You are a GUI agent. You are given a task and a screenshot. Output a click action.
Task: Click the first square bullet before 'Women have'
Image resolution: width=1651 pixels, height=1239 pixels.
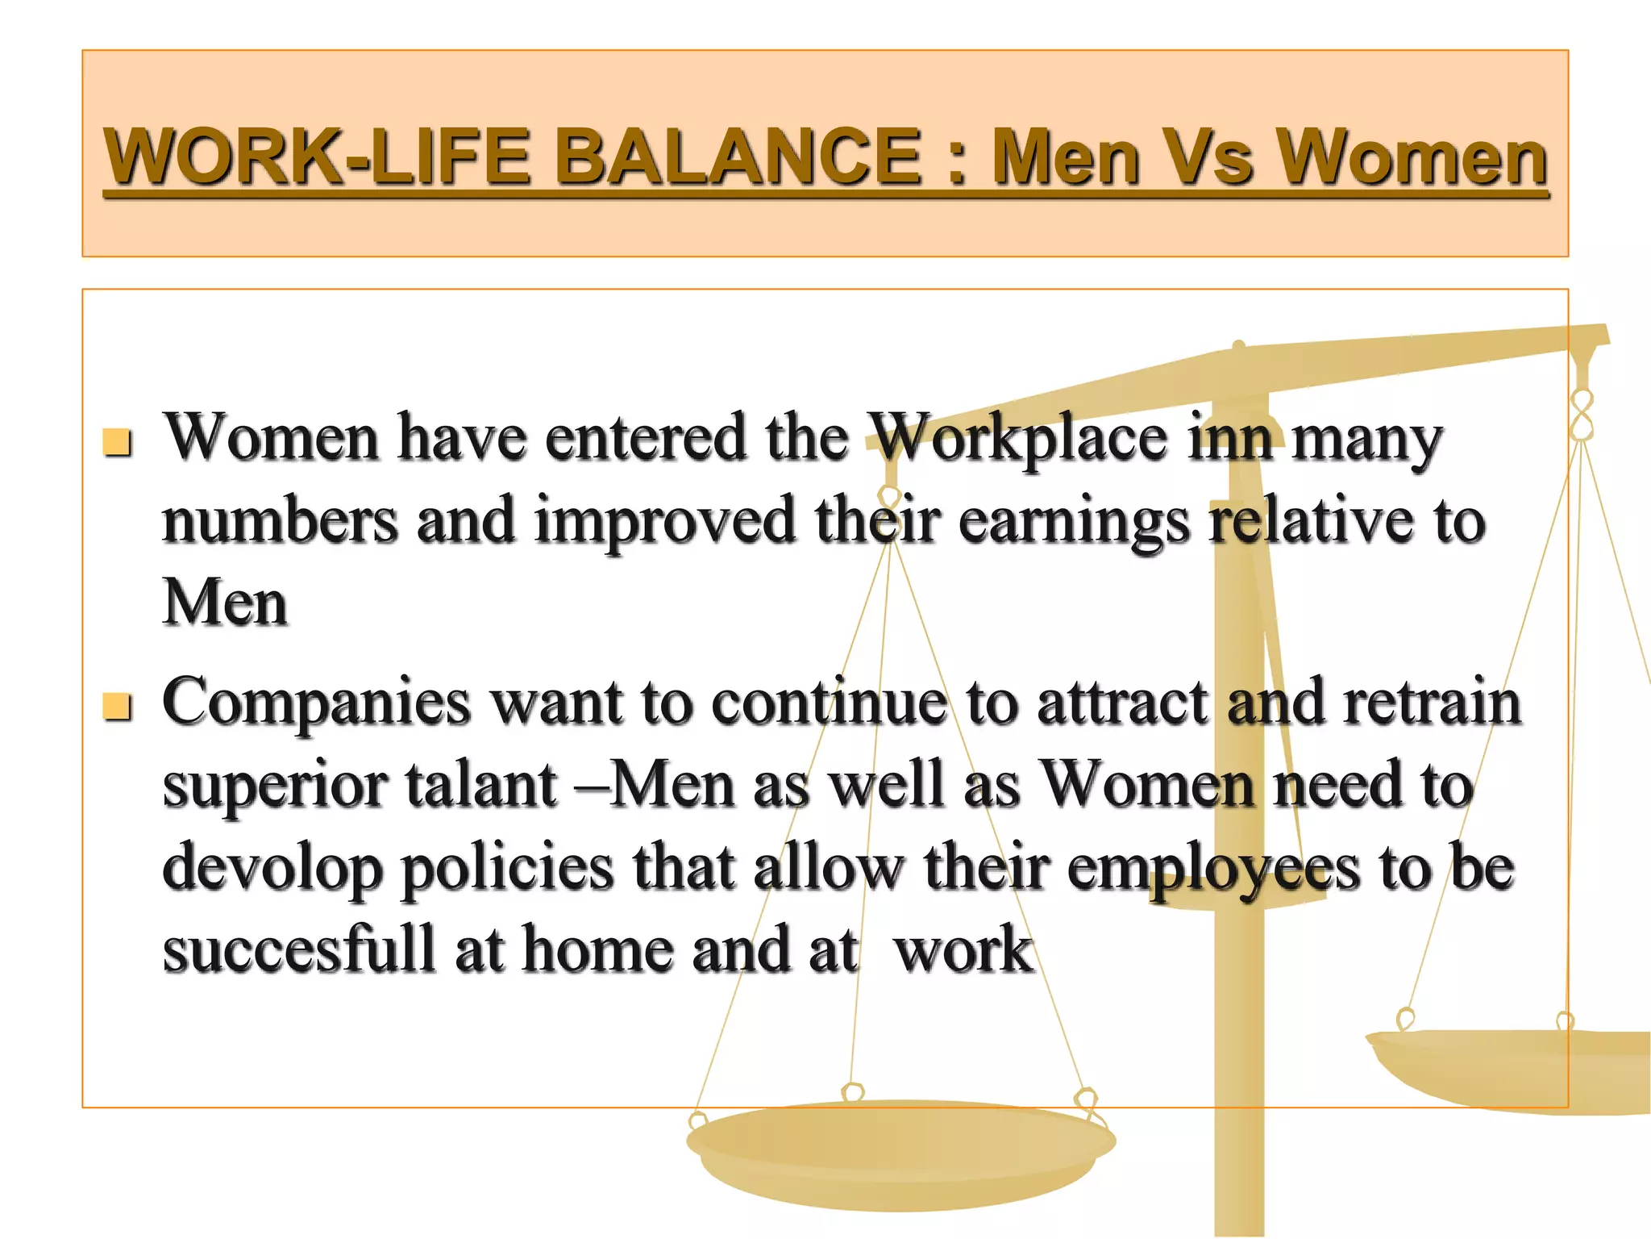pos(118,442)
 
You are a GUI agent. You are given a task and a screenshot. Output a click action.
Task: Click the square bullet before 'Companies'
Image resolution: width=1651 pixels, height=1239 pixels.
pos(118,707)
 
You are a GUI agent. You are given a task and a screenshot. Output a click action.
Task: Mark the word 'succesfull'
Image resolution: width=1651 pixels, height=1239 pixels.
pos(298,949)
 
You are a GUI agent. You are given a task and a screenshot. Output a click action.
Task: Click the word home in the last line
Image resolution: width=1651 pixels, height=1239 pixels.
pos(597,949)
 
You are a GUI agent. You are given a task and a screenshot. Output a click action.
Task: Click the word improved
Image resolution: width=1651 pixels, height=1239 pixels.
pos(665,523)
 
